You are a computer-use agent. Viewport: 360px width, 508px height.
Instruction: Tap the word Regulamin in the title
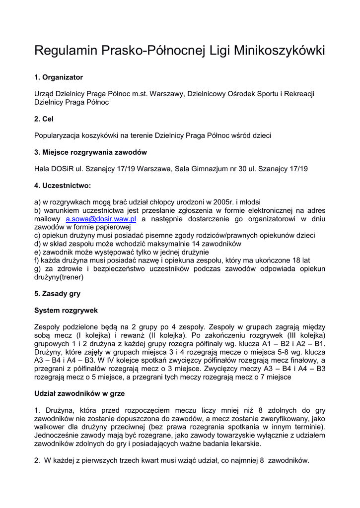[66, 51]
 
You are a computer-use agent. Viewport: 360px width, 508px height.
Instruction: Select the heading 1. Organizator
[59, 77]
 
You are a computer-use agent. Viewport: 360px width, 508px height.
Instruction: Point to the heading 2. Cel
[44, 119]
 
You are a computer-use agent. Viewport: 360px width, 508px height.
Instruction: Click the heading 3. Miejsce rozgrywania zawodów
[90, 152]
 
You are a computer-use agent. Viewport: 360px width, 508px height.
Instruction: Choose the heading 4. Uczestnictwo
[63, 186]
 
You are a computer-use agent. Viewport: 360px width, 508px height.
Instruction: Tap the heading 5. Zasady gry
[57, 294]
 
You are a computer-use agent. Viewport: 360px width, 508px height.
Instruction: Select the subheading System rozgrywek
[66, 311]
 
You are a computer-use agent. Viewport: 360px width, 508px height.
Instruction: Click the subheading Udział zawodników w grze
[79, 393]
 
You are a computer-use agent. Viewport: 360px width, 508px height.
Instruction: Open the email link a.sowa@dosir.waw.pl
[101, 219]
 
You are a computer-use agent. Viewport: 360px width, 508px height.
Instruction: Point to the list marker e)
[38, 252]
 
